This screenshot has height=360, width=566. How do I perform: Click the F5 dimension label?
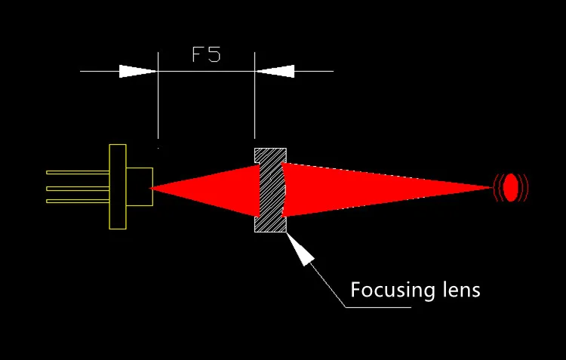pyautogui.click(x=206, y=54)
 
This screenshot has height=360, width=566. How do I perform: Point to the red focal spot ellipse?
pyautogui.click(x=510, y=187)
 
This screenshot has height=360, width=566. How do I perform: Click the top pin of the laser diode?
pyautogui.click(x=78, y=173)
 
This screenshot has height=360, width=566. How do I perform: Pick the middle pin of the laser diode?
pyautogui.click(x=78, y=189)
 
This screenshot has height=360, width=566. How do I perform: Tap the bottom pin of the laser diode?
pyautogui.click(x=78, y=201)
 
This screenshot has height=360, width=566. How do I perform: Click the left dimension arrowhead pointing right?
pyautogui.click(x=138, y=71)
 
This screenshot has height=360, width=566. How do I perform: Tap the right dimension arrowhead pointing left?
pyautogui.click(x=275, y=71)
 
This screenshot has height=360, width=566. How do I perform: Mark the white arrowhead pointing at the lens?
pyautogui.click(x=300, y=249)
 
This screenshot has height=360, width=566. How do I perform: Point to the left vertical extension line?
pyautogui.click(x=158, y=95)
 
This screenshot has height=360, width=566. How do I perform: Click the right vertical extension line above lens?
pyautogui.click(x=255, y=95)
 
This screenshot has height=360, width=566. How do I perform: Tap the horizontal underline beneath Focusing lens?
pyautogui.click(x=378, y=308)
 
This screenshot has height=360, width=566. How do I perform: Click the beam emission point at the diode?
pyautogui.click(x=150, y=188)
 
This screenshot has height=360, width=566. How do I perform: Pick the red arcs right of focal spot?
pyautogui.click(x=524, y=187)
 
